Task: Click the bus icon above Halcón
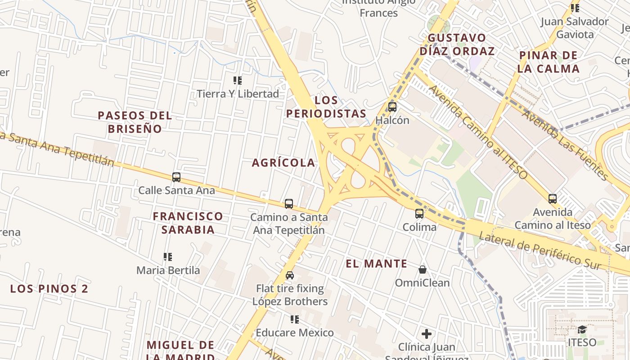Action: [392, 107]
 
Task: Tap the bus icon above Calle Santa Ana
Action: [176, 177]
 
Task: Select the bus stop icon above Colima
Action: [419, 214]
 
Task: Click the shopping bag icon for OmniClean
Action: [422, 270]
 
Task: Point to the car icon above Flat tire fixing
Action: [290, 275]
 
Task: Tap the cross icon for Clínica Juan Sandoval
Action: [427, 334]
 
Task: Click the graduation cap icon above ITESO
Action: [582, 329]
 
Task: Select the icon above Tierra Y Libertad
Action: [238, 81]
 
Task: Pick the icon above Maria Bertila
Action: [168, 257]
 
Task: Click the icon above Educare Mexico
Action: [295, 319]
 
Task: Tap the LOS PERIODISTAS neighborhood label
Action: [326, 107]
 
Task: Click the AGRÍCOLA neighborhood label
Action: [283, 163]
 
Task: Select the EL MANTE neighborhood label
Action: [377, 264]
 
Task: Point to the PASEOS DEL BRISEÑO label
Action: [135, 122]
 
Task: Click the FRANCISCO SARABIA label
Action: [188, 223]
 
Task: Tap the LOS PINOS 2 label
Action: [49, 289]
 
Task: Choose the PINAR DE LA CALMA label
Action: [548, 62]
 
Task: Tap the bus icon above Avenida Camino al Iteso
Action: [553, 199]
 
